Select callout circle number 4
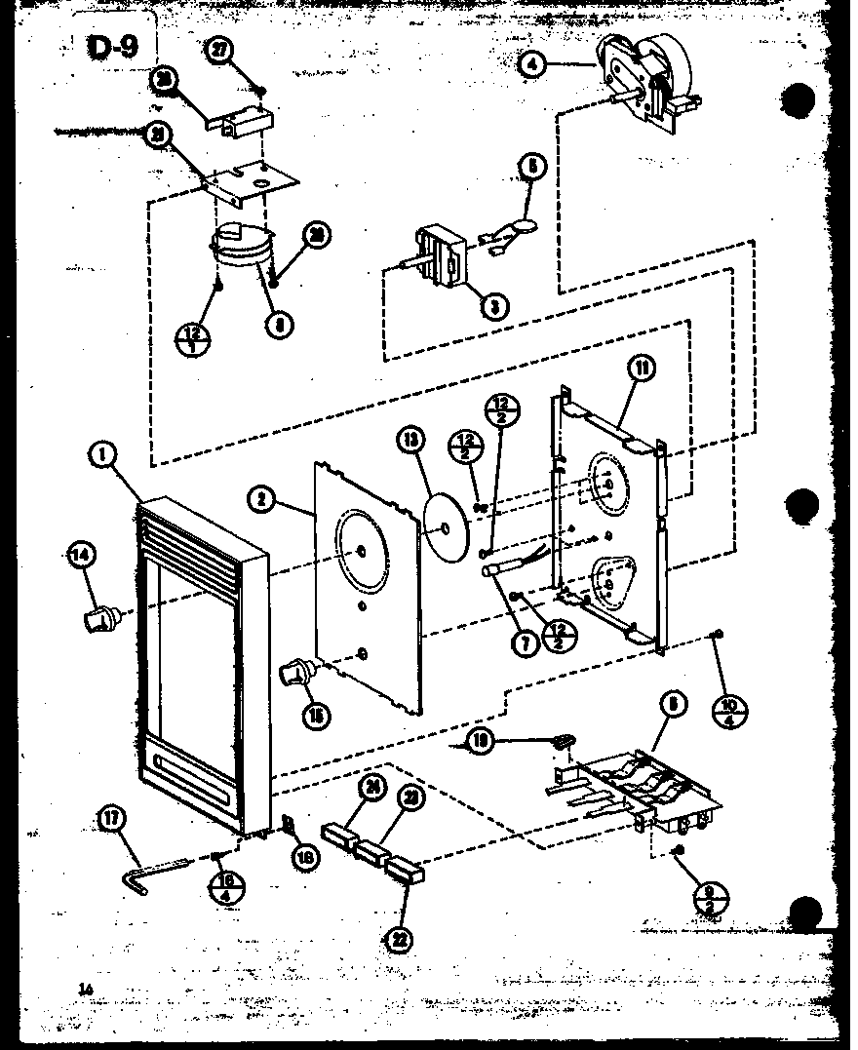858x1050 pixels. coord(532,66)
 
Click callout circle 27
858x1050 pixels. coord(221,55)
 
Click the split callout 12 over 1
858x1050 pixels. coord(186,341)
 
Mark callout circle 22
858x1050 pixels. coord(400,940)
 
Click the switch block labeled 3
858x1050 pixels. coord(439,255)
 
